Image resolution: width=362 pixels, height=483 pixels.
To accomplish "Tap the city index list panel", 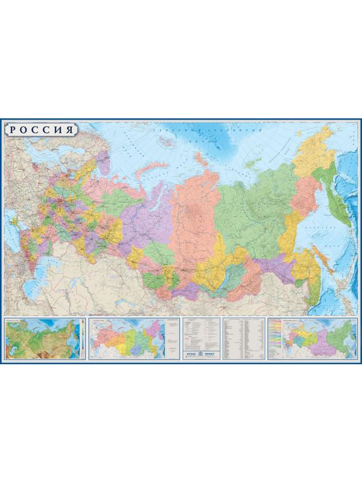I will pyautogui.click(x=244, y=336).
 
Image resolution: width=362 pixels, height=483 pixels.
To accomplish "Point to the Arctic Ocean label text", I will pyautogui.click(x=208, y=129).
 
